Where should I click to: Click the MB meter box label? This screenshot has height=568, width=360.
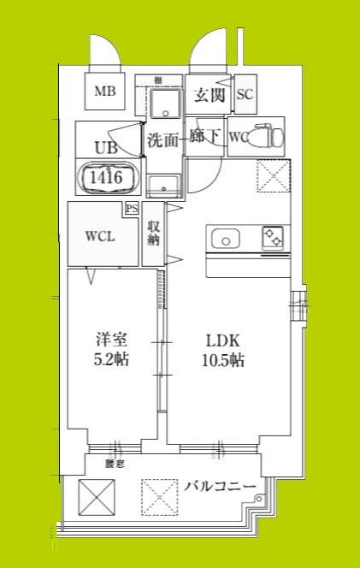point(105,92)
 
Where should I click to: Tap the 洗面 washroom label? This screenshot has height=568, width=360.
point(162,139)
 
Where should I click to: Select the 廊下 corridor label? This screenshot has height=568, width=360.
point(205,137)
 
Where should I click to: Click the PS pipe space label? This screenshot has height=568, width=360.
point(132,208)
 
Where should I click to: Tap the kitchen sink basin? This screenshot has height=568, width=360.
point(225,240)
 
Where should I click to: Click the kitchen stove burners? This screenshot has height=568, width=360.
point(274,237)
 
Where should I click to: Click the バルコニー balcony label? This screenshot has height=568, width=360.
point(221,487)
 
